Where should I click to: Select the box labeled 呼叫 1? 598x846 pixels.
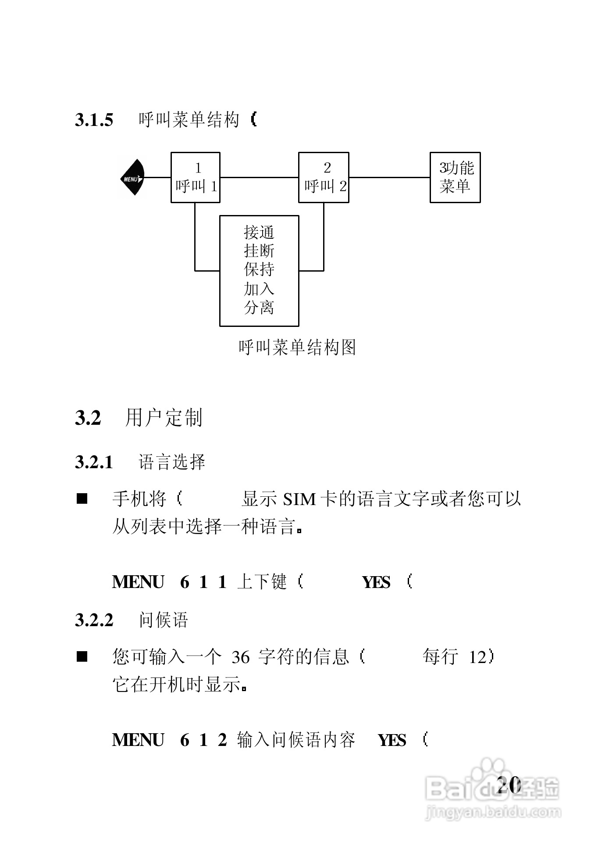(x=195, y=178)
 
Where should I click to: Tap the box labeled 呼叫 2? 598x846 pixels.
(x=324, y=178)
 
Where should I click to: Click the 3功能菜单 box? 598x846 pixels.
(x=455, y=178)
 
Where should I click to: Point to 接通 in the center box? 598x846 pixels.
(x=259, y=232)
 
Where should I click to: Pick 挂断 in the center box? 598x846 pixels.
(x=259, y=251)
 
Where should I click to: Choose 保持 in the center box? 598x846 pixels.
(x=259, y=269)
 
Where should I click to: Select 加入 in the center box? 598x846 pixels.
(x=259, y=289)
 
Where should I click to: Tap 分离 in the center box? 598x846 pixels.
(x=259, y=308)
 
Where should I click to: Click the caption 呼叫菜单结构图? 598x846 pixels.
(x=297, y=348)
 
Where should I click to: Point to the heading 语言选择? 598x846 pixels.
(x=172, y=462)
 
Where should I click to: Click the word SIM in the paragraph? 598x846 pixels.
(x=299, y=500)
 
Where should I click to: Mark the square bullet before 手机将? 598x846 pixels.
(x=82, y=499)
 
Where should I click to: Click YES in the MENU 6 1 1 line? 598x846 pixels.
(x=376, y=583)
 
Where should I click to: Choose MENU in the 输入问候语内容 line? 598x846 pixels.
(x=138, y=740)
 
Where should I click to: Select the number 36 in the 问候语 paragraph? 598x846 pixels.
(x=240, y=657)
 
